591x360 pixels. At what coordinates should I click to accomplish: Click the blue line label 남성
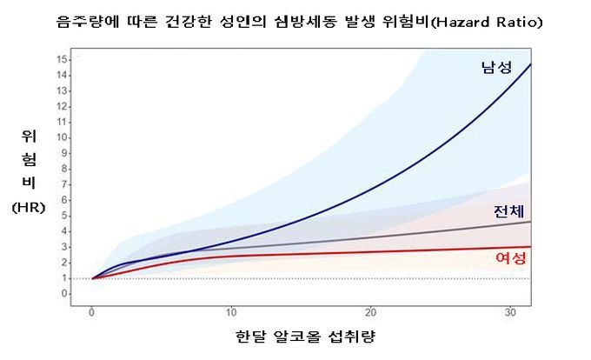(496, 67)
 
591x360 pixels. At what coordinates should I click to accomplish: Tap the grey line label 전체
(508, 211)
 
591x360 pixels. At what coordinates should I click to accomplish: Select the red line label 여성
(508, 257)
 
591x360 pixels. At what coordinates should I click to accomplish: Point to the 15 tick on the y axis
(63, 59)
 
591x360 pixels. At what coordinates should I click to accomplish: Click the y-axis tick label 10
(63, 137)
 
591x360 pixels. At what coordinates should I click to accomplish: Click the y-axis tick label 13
(63, 90)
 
